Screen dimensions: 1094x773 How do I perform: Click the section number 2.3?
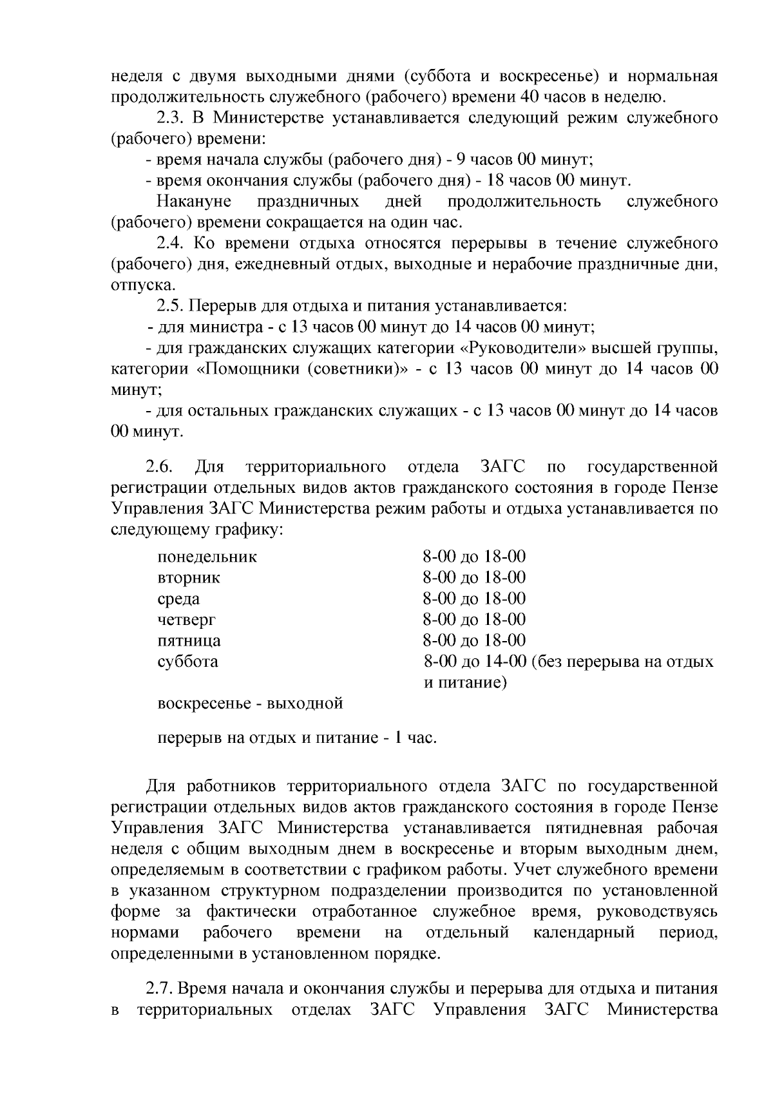click(172, 117)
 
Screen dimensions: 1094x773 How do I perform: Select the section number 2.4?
click(172, 243)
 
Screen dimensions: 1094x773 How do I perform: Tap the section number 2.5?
click(172, 305)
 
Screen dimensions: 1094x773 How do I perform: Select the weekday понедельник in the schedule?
click(207, 557)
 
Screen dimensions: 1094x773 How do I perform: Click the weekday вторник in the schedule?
click(189, 577)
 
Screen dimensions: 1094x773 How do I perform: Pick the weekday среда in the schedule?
click(178, 599)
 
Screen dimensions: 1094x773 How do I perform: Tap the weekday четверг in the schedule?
click(187, 619)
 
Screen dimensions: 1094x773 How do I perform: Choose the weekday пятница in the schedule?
click(189, 640)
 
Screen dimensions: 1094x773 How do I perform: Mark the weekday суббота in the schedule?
click(187, 661)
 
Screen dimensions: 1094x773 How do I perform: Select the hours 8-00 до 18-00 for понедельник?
click(474, 557)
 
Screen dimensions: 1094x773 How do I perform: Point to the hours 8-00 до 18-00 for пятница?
click(474, 640)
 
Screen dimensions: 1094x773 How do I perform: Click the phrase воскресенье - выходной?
click(250, 703)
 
